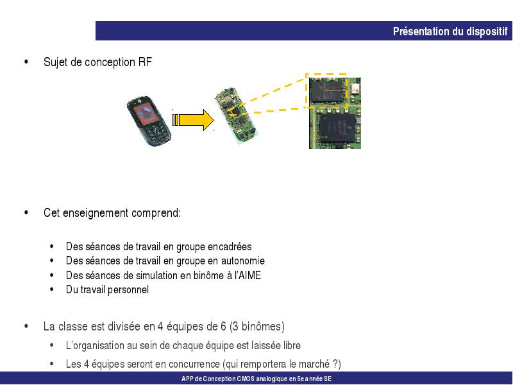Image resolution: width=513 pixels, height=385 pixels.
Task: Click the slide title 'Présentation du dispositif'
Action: [x=450, y=31]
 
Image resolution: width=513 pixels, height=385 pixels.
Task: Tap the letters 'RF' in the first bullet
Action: [x=145, y=62]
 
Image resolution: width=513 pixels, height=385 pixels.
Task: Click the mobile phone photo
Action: [x=149, y=121]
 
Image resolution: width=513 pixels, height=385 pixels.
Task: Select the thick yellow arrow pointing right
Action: [x=193, y=120]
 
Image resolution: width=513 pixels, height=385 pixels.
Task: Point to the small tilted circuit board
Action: [x=236, y=116]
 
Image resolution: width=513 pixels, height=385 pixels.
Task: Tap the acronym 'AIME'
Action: [x=249, y=275]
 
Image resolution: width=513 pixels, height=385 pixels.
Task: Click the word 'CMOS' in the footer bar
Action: [x=246, y=379]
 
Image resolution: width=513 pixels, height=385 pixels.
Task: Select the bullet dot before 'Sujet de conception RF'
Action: [x=26, y=62]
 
